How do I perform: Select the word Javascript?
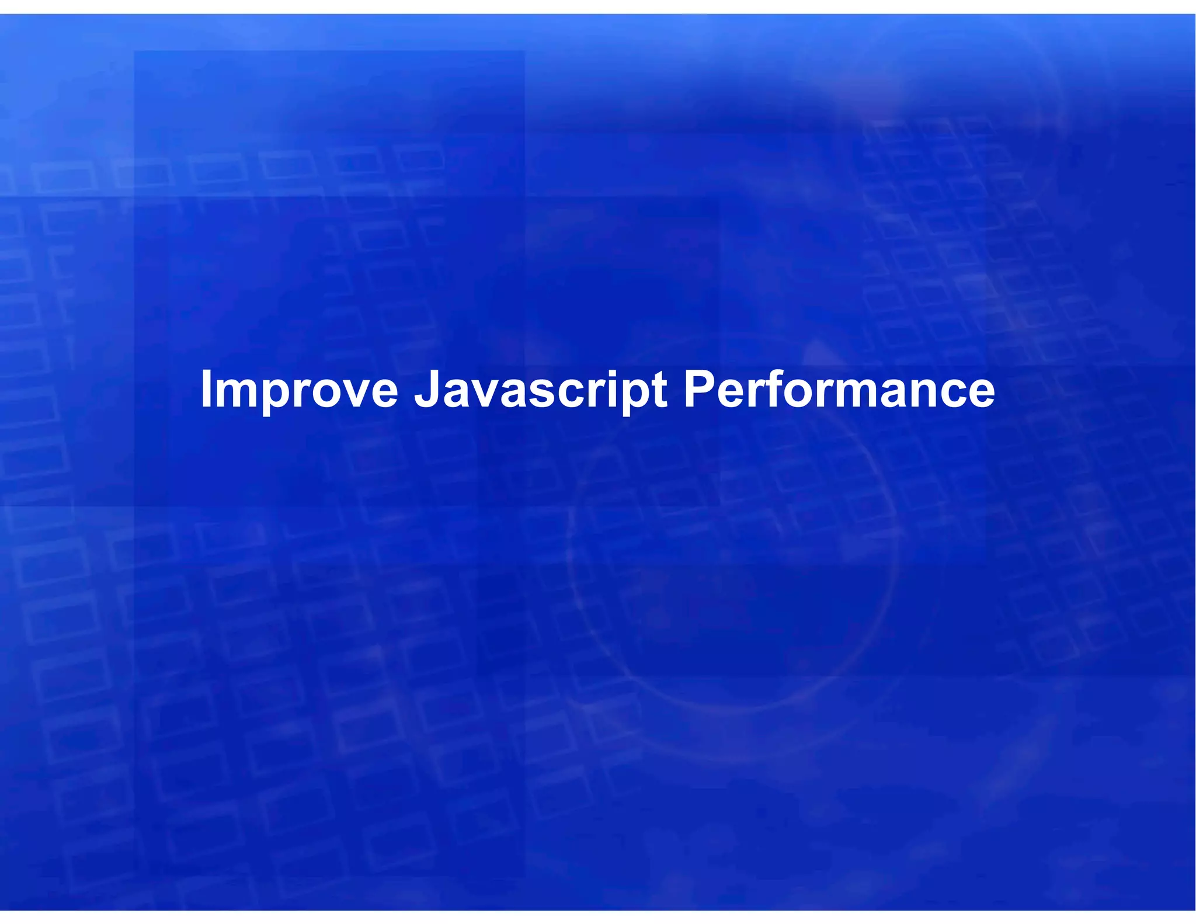541,390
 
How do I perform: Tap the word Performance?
839,390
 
